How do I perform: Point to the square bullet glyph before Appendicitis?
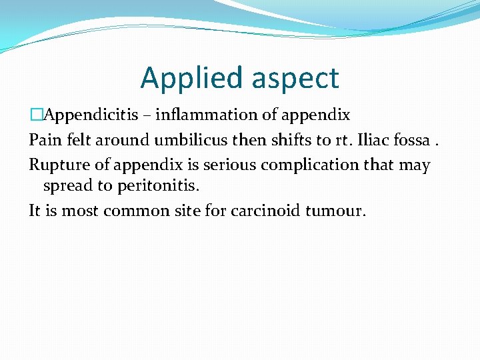point(34,115)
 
